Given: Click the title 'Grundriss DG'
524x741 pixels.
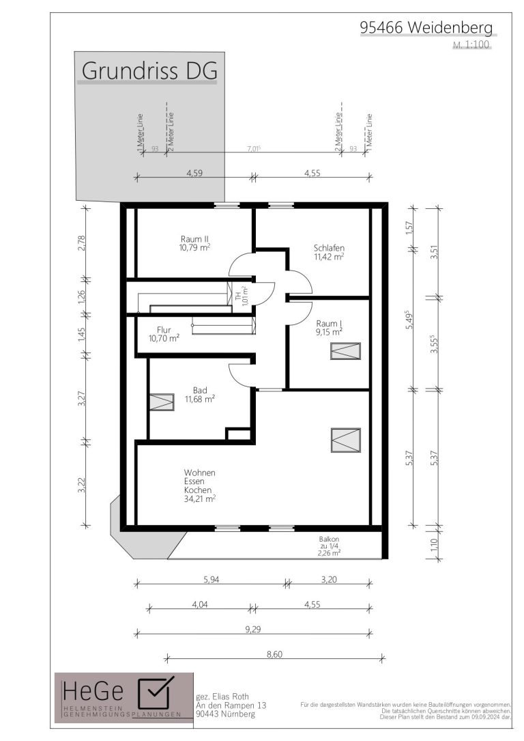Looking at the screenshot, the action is [x=149, y=70].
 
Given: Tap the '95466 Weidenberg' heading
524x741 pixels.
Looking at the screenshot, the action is [x=426, y=27].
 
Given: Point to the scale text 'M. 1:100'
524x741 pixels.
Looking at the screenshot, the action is [x=471, y=45].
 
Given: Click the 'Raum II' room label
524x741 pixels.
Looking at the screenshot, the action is [x=195, y=239].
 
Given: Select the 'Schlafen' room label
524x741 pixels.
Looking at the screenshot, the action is [x=329, y=248].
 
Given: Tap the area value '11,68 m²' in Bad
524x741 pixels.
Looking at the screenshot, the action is [x=200, y=399].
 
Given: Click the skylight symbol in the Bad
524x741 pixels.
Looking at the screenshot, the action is [x=162, y=402].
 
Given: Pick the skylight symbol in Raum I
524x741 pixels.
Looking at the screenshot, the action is [x=345, y=351].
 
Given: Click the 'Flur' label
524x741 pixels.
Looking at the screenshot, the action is [x=164, y=330].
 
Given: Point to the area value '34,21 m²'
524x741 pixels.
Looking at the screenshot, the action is [x=200, y=499].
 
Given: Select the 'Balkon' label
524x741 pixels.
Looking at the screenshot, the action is [x=329, y=540].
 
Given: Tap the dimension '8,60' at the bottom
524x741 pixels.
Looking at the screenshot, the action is [x=274, y=654].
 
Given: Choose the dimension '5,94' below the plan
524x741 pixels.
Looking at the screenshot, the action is [x=211, y=579].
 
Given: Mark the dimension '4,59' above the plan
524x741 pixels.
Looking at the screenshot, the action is [x=194, y=173].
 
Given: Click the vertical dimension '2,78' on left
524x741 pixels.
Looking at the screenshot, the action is [x=82, y=243].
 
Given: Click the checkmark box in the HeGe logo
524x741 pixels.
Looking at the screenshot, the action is [x=156, y=693].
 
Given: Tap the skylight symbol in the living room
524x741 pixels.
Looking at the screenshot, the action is [x=345, y=441].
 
